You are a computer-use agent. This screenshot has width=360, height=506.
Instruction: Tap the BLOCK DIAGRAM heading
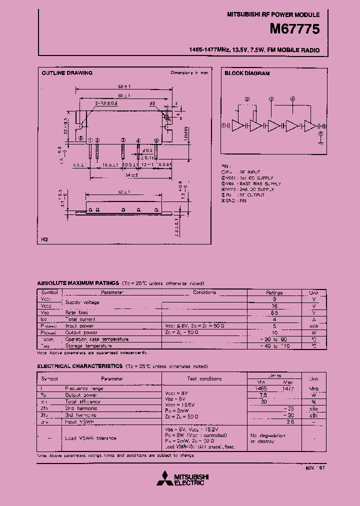click(x=247, y=73)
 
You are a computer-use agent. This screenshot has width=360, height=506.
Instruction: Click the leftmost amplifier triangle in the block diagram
click(x=237, y=126)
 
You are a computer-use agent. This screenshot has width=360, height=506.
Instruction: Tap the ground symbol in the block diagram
click(x=319, y=142)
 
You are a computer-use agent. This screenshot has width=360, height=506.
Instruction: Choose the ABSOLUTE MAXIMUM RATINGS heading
click(x=78, y=283)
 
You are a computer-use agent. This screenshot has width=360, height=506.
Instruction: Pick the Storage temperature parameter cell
click(x=90, y=345)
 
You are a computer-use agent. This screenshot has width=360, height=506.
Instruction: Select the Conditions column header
click(x=204, y=292)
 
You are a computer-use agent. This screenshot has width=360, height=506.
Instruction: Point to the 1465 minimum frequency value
click(x=259, y=388)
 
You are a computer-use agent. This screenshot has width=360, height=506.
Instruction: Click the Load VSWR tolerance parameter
click(x=90, y=438)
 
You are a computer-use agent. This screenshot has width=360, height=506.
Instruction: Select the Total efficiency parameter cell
click(x=83, y=401)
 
